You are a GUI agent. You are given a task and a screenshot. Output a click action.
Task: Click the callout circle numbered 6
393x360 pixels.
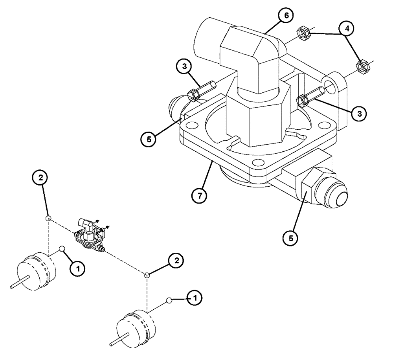(286, 15)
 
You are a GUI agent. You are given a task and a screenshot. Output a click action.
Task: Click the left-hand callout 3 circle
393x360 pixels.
(184, 67)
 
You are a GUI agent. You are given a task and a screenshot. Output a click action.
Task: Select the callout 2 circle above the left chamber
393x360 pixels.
(40, 178)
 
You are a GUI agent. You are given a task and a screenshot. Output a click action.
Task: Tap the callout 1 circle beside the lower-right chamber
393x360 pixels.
(195, 299)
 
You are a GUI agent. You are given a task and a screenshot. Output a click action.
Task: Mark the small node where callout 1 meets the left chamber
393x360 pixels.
(62, 248)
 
